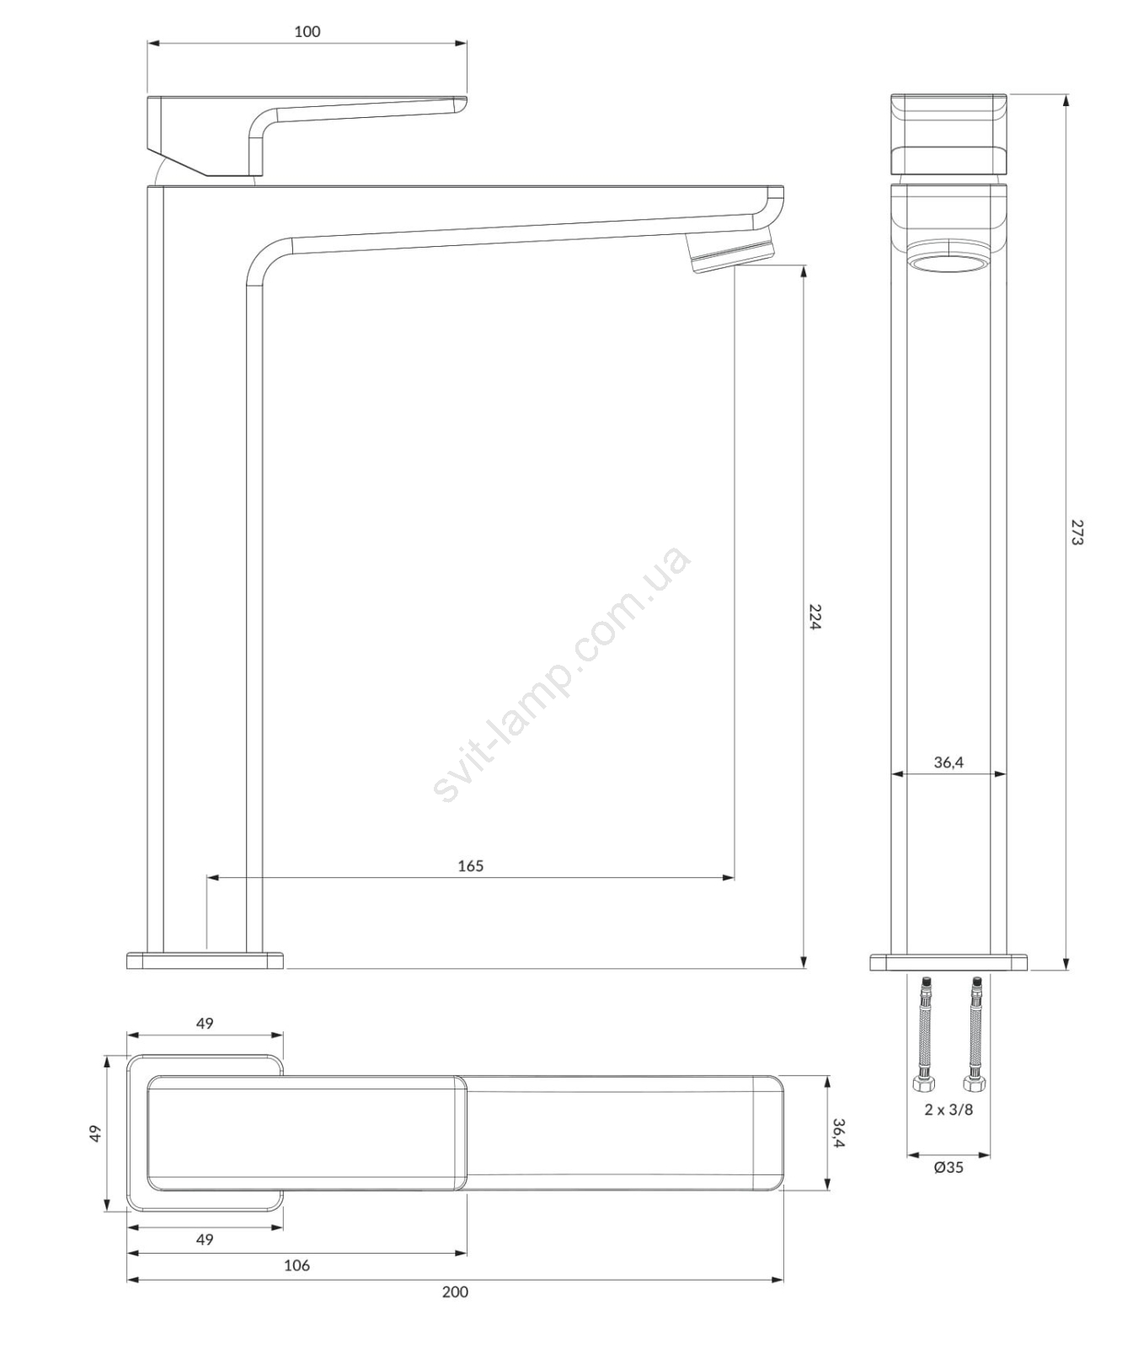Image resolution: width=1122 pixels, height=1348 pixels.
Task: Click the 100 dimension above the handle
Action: (307, 32)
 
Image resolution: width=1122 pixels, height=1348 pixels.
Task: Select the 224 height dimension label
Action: (815, 617)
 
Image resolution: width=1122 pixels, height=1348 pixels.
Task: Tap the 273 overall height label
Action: (1077, 532)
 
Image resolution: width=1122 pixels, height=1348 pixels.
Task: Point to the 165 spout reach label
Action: (471, 866)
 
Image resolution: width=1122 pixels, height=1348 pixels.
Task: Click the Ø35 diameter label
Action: (948, 1168)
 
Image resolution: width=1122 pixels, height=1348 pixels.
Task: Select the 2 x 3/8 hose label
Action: (948, 1110)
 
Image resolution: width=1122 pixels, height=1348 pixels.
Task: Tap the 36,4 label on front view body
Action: (948, 762)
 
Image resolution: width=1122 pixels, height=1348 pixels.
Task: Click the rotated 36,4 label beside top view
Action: (838, 1132)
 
